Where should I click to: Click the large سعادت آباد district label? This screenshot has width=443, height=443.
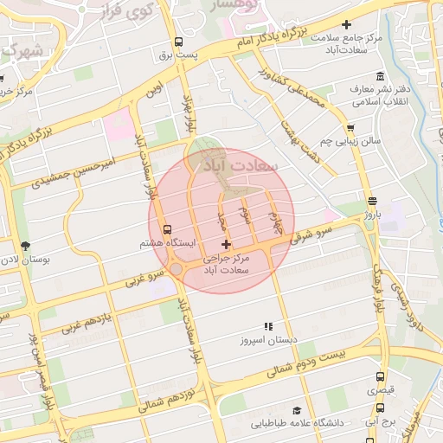coord(237,164)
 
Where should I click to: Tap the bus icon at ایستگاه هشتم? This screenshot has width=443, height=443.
coord(167,229)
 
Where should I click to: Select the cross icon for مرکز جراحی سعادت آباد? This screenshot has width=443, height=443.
coord(227,245)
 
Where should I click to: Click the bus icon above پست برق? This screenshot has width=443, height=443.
coord(178,42)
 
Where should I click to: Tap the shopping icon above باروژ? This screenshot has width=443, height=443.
coord(372,200)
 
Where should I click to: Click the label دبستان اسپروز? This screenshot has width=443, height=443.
coord(268,340)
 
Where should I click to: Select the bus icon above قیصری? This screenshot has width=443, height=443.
coord(380,376)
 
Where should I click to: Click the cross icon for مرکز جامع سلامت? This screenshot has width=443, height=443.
coord(347,25)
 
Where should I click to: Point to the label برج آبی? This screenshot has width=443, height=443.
coord(377,423)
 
